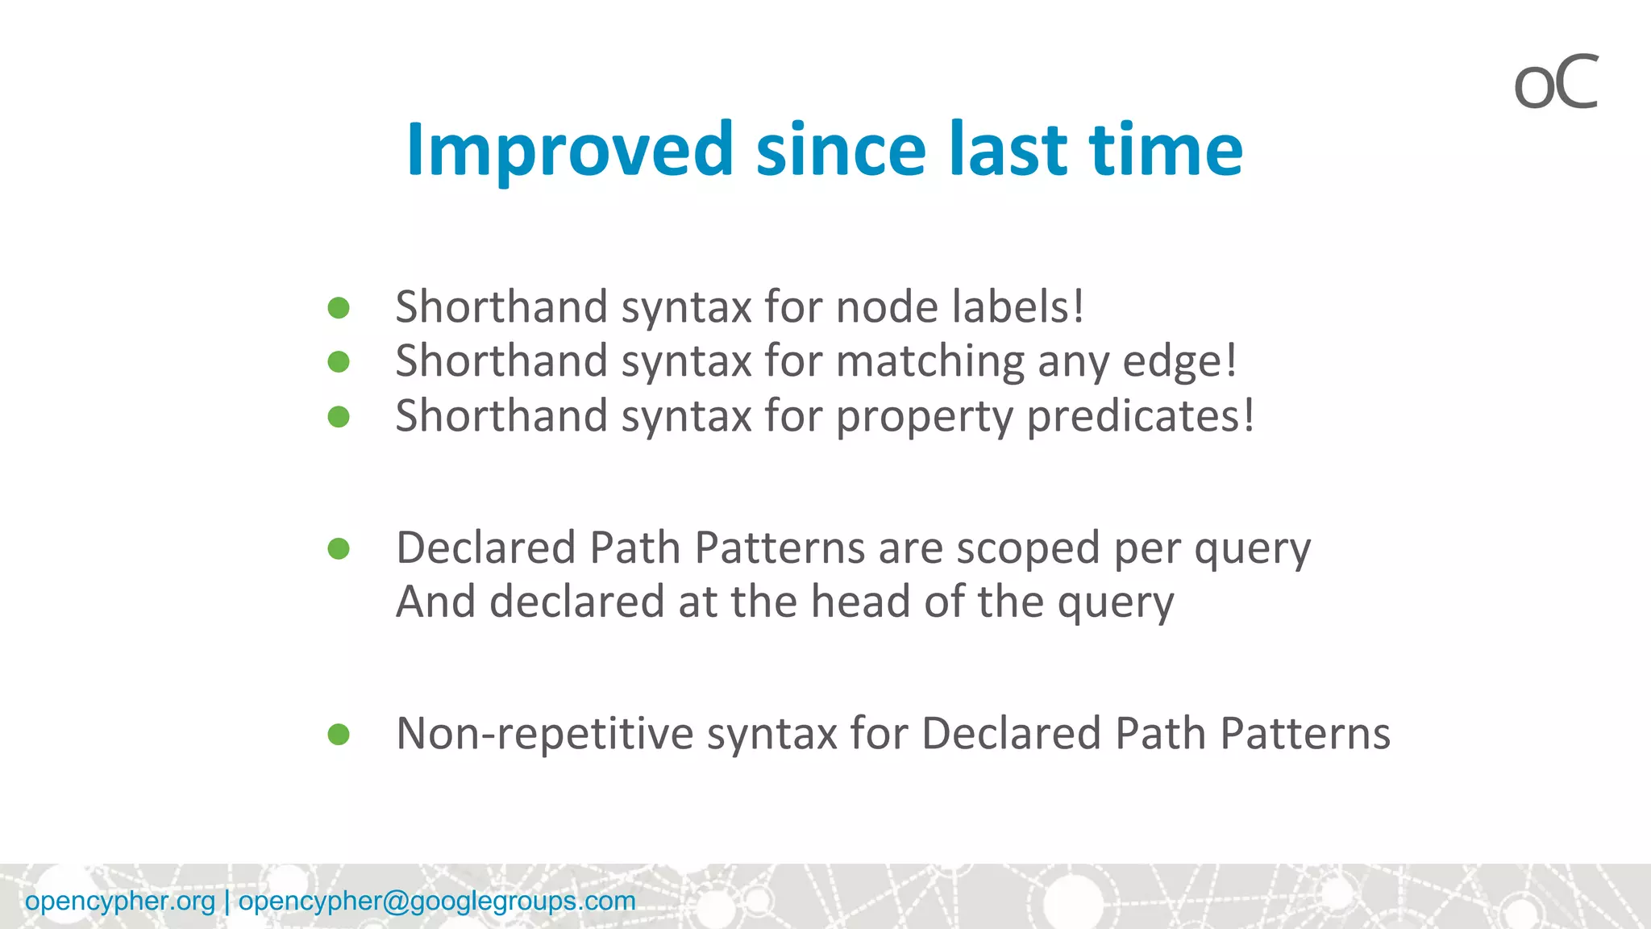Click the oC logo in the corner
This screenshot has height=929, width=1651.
tap(1555, 83)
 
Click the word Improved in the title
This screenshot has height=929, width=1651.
tap(570, 150)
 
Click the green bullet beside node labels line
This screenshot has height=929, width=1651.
tap(339, 307)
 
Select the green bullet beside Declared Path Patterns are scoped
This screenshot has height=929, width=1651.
tap(339, 549)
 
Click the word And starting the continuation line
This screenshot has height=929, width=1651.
tap(435, 602)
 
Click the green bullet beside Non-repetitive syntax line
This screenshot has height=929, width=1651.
tap(339, 735)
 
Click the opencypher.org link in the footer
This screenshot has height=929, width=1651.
tap(120, 901)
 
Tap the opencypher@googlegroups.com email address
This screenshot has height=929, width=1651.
tap(436, 901)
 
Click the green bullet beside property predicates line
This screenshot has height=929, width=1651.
tap(339, 417)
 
